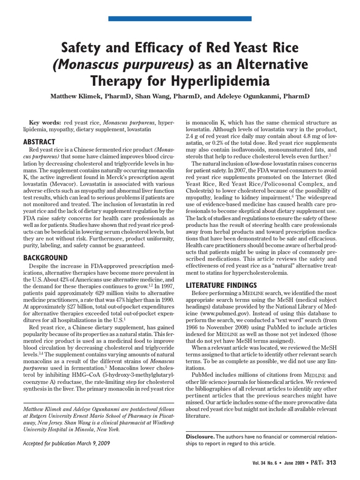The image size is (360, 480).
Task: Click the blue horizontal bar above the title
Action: click(180, 18)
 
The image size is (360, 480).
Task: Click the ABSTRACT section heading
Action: click(39, 142)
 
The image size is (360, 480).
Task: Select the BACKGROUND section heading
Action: click(45, 258)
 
